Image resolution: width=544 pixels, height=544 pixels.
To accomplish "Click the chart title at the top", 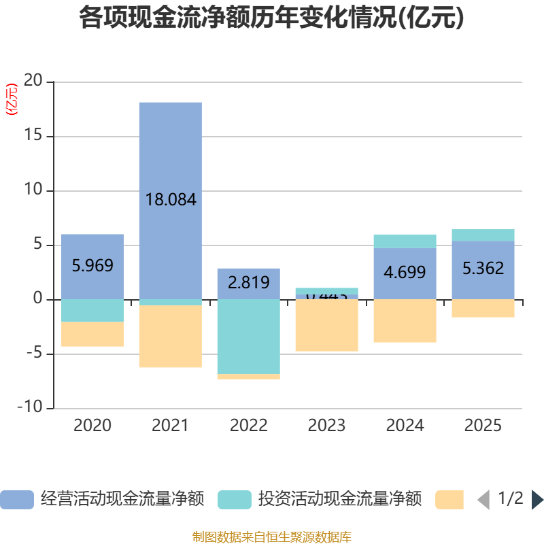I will (x=271, y=18).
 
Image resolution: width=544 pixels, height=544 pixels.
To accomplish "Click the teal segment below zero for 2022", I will (x=249, y=336).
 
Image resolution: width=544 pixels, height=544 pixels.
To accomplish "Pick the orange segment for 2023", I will (x=327, y=325).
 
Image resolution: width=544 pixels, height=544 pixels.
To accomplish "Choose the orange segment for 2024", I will (x=405, y=320).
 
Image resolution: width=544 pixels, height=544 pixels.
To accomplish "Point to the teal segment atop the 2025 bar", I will (x=483, y=235).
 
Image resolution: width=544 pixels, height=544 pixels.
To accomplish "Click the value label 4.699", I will (x=405, y=273).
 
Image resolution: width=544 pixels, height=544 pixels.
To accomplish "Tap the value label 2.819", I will (x=249, y=282).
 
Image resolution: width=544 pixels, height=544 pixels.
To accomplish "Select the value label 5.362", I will (x=483, y=269).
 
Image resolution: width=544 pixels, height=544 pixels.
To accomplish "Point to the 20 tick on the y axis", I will (x=33, y=82).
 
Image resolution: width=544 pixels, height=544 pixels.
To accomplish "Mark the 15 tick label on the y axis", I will (x=33, y=136).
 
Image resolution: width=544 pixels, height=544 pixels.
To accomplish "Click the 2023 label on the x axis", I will (x=327, y=426).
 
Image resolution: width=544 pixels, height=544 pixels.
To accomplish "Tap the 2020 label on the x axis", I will (x=92, y=426).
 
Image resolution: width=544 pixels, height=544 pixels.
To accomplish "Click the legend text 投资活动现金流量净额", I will (x=340, y=499).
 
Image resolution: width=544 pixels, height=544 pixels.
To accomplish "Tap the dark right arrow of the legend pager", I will (x=537, y=500).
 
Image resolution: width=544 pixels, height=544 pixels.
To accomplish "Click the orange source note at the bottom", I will (x=271, y=537).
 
